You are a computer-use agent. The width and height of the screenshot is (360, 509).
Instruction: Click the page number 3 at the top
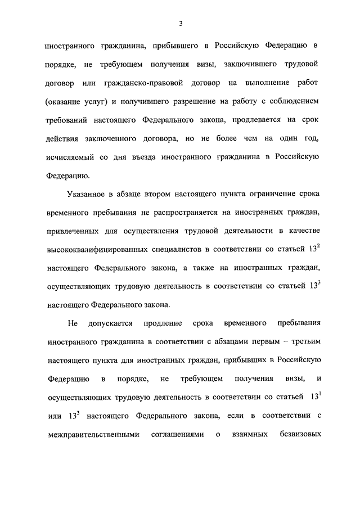(x=181, y=23)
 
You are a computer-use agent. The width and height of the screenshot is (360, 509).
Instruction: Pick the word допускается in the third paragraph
(x=109, y=324)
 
